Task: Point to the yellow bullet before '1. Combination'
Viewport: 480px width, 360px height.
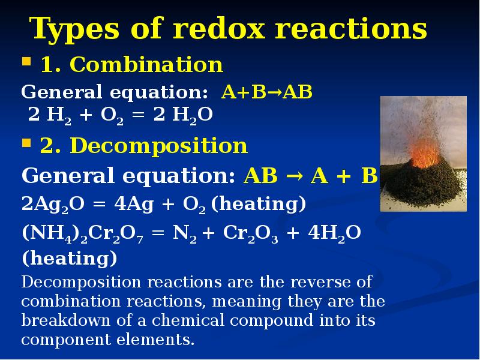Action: pyautogui.click(x=26, y=62)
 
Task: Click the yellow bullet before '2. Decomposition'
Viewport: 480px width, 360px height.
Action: pyautogui.click(x=26, y=144)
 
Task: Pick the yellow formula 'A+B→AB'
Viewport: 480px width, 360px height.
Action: pyautogui.click(x=267, y=93)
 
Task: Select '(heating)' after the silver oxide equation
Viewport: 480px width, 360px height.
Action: pyautogui.click(x=259, y=205)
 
